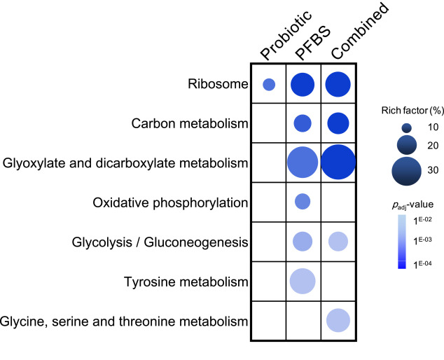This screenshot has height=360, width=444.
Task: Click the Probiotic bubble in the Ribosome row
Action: click(x=269, y=85)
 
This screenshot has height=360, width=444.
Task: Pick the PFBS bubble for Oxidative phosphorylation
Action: click(x=303, y=202)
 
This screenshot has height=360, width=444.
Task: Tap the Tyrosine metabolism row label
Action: click(x=190, y=282)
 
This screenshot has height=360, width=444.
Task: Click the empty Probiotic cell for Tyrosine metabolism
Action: click(x=269, y=282)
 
